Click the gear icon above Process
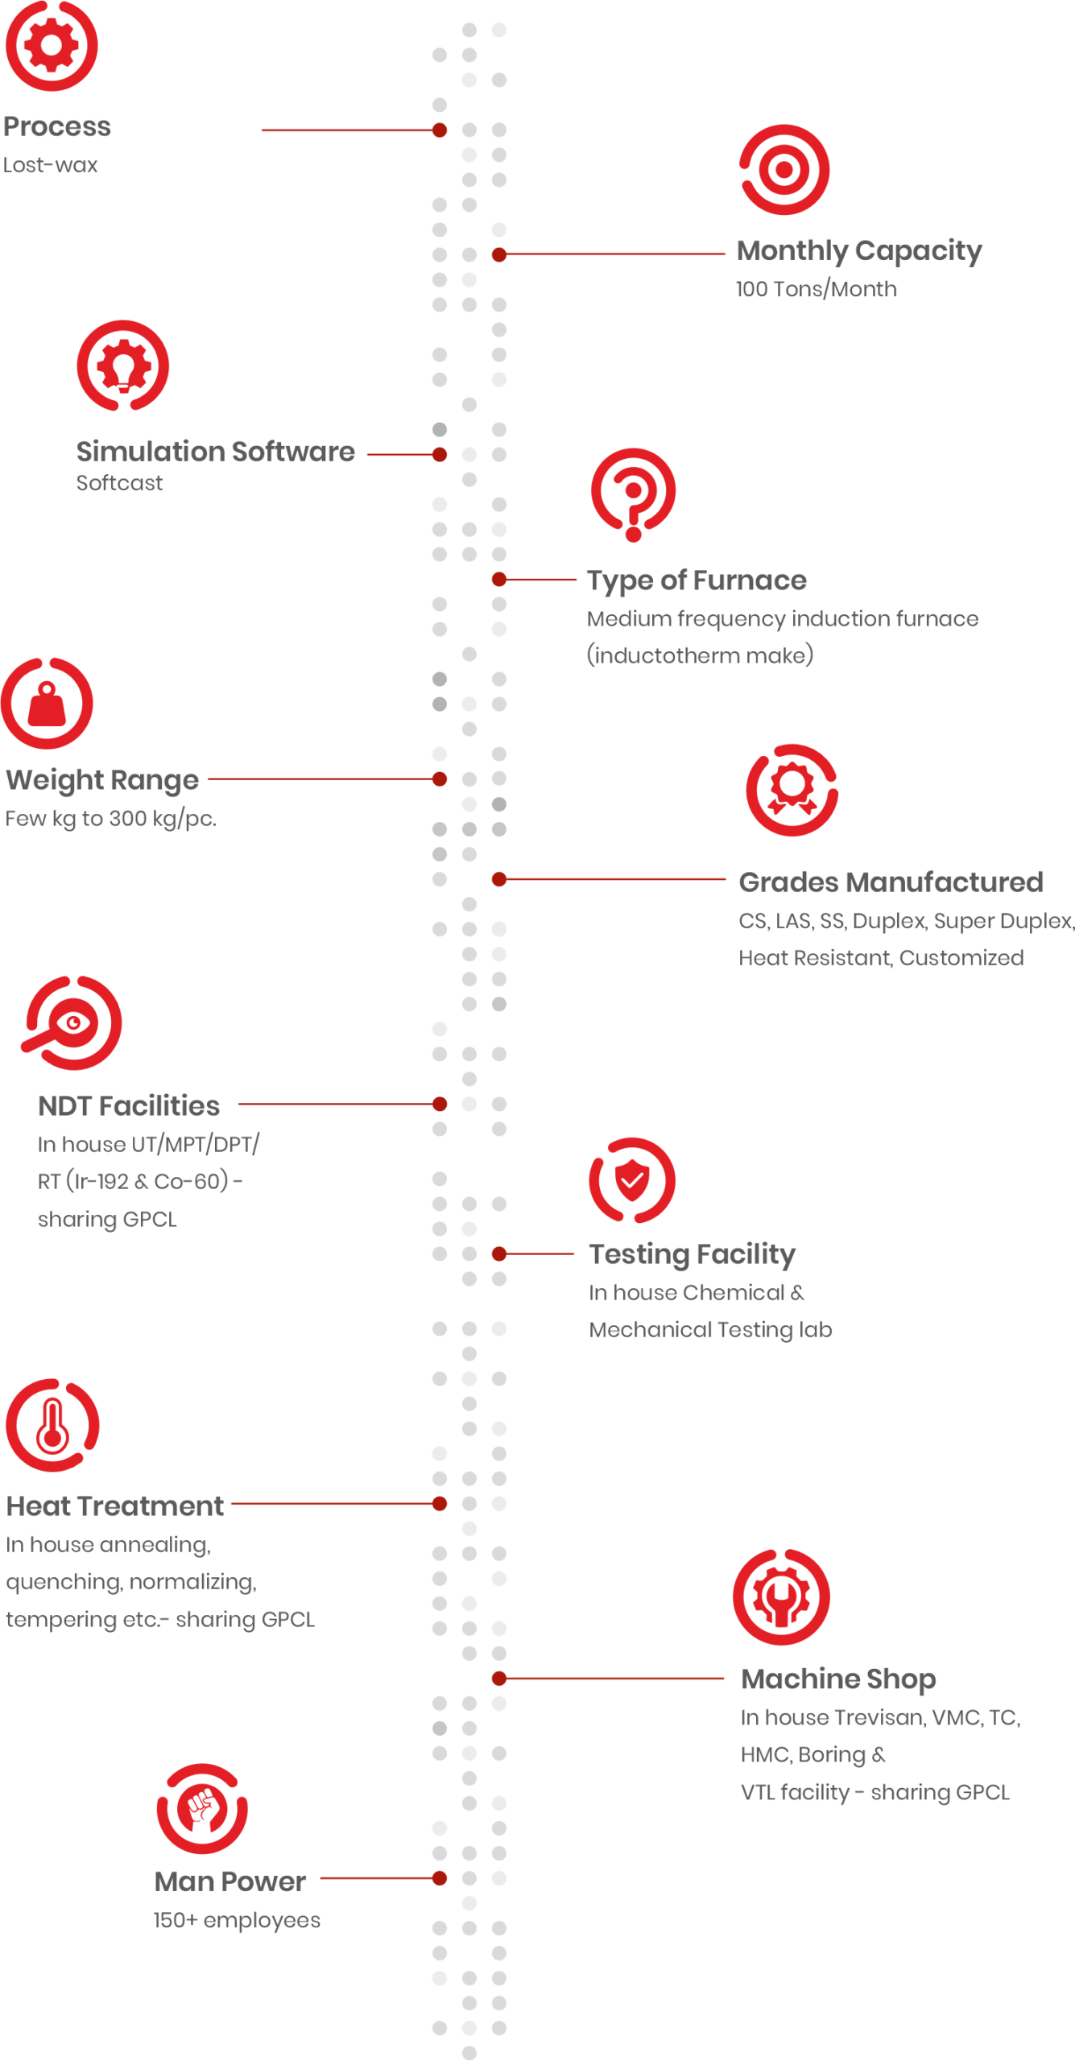52,46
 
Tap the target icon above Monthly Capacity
784,170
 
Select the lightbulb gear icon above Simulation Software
123,366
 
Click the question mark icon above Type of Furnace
634,494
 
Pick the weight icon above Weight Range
48,704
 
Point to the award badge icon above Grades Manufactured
792,790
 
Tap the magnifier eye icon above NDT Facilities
72,1022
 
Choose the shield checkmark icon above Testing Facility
632,1180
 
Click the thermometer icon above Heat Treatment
52,1425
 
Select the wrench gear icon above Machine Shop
781,1596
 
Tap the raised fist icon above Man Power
202,1809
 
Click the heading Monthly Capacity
859,251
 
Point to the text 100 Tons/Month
816,289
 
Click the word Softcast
119,483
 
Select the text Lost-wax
50,165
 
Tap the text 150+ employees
237,1920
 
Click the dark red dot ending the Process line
440,130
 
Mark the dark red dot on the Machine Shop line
499,1679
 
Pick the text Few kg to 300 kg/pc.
111,819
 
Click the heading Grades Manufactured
891,882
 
